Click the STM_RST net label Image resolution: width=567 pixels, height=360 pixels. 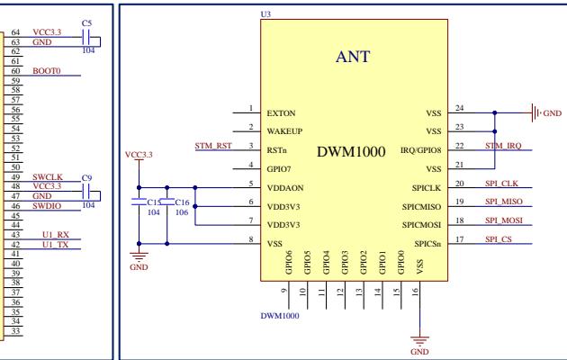click(213, 145)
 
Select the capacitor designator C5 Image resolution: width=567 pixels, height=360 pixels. click(86, 22)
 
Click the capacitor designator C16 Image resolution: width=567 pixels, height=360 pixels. click(181, 202)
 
